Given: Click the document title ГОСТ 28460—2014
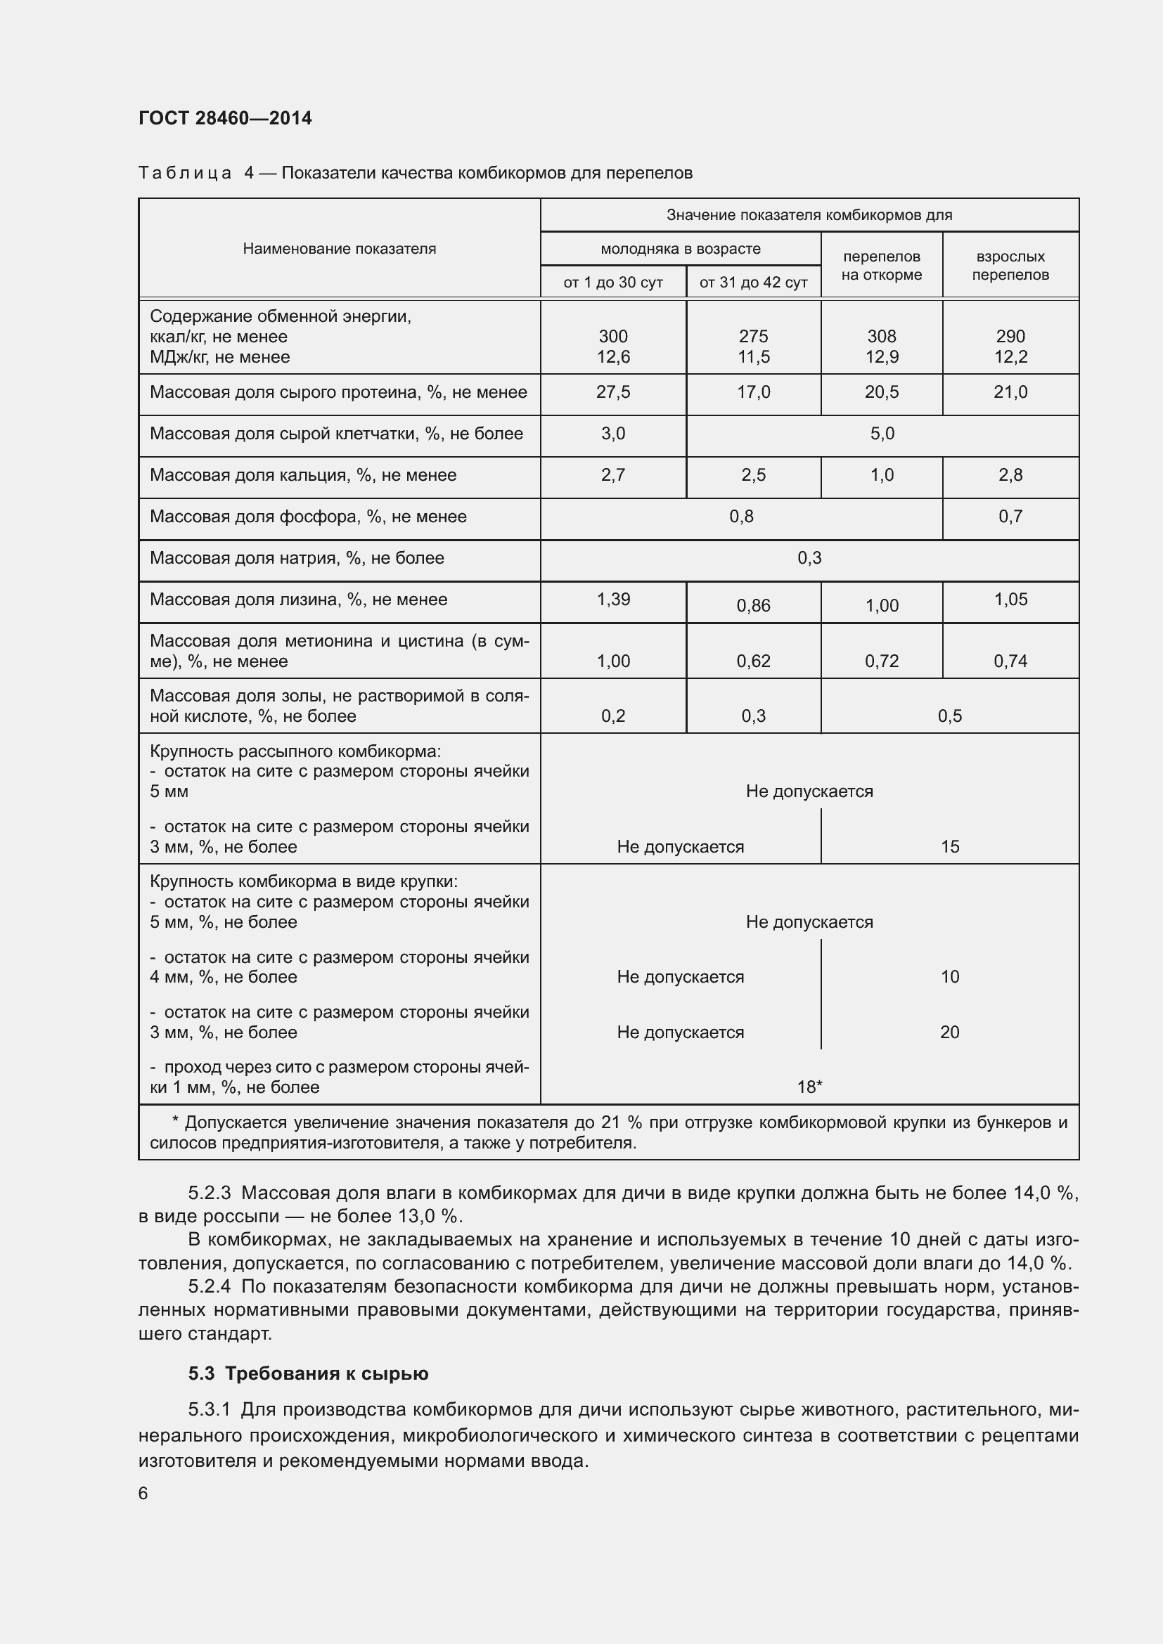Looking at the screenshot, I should [225, 118].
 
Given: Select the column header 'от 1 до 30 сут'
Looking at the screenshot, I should [613, 282].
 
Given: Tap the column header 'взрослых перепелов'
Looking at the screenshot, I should [1010, 265].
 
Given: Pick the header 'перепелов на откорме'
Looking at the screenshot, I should [881, 265].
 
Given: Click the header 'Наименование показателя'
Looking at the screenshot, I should [339, 248].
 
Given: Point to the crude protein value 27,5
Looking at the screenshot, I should [613, 391].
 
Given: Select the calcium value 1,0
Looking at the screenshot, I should [882, 474].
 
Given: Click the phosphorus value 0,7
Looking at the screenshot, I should [1010, 517].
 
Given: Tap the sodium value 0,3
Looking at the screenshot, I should [809, 558].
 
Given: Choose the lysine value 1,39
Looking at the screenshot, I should [613, 600].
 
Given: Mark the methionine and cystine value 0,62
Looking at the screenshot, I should [753, 661].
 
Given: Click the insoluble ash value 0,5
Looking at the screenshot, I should [949, 716].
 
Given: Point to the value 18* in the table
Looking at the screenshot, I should [809, 1087].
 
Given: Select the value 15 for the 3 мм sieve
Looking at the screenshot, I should [949, 846].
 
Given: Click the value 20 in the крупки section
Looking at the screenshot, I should [949, 1032].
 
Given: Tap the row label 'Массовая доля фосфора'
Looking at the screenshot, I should [308, 517].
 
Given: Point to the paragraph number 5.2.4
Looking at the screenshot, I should [209, 1287].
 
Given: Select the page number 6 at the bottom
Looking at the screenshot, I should [143, 1493].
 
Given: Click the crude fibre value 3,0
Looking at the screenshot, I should [613, 433].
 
